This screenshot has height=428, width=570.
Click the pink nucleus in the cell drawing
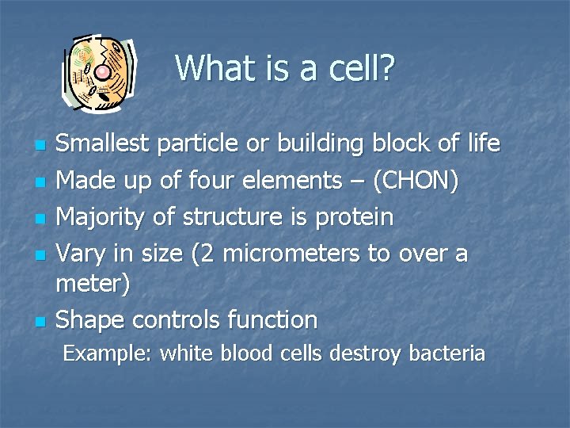point(103,73)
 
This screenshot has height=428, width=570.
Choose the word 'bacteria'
point(446,353)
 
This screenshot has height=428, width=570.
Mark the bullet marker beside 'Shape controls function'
point(39,322)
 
